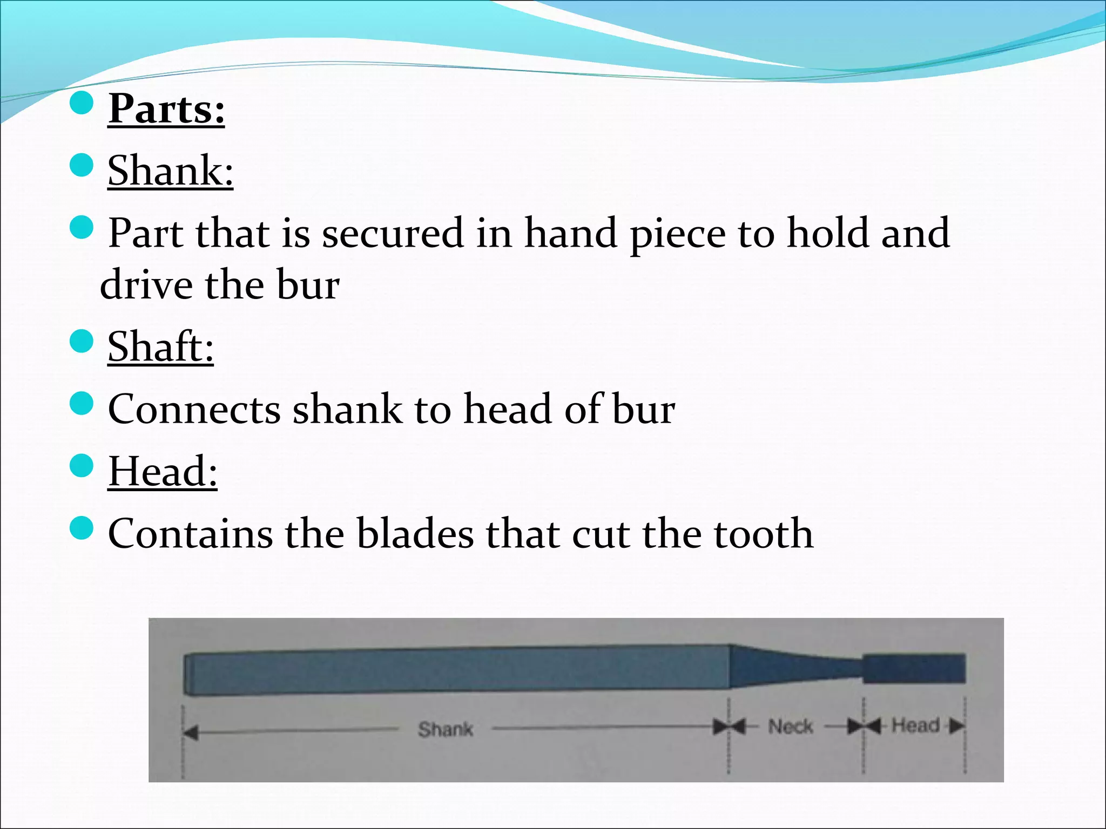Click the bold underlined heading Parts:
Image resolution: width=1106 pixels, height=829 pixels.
(166, 109)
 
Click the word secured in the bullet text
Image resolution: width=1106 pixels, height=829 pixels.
(393, 233)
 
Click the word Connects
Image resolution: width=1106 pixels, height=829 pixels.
(194, 409)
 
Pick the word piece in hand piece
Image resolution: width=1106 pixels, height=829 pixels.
(678, 234)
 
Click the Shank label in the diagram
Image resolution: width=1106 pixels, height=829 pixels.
(446, 729)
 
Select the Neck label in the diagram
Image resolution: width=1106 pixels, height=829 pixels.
(790, 726)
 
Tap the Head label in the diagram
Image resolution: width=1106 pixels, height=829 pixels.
(915, 725)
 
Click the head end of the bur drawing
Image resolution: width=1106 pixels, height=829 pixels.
(914, 668)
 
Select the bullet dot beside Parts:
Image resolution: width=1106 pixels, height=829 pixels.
(82, 103)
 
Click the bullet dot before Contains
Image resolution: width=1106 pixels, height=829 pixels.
(82, 527)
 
